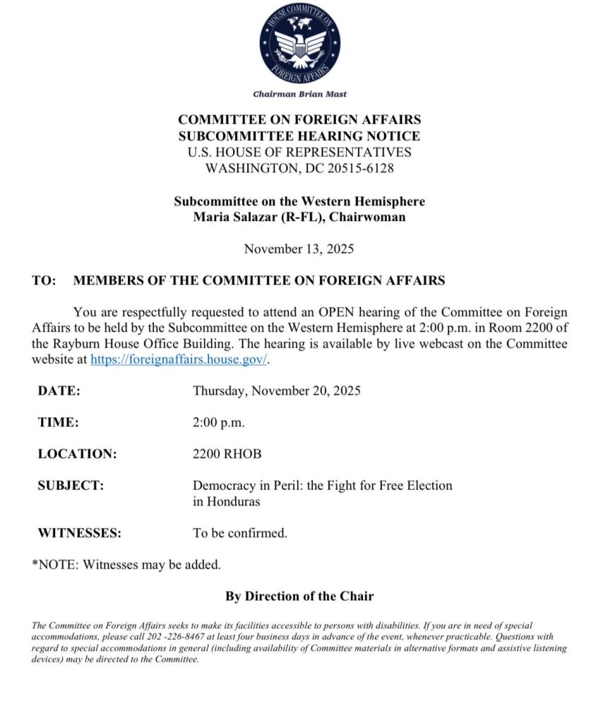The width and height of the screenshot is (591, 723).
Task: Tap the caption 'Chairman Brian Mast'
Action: (299, 94)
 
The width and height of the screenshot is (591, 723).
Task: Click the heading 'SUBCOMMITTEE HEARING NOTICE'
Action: (299, 136)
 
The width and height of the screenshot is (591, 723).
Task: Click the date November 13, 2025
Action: (299, 249)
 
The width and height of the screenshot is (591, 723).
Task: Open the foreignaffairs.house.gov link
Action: (179, 359)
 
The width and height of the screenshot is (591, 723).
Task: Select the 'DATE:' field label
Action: (59, 390)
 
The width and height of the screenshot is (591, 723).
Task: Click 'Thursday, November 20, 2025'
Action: (276, 390)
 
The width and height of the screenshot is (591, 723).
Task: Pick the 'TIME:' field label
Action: (58, 422)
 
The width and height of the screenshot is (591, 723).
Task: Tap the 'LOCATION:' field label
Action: (77, 454)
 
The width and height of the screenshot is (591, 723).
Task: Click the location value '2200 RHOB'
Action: (227, 454)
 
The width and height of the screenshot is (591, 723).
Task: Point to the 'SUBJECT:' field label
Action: (71, 486)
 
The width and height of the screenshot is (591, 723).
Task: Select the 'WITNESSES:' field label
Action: (79, 533)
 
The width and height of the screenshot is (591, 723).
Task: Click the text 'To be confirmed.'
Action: (240, 533)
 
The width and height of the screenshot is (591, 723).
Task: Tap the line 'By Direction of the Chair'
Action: (299, 596)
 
